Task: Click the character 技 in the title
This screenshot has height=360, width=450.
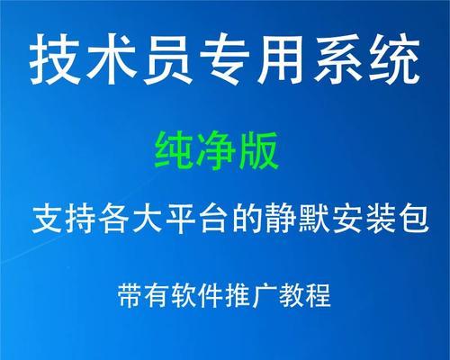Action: [x=55, y=59]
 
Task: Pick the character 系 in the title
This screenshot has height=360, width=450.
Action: [x=337, y=59]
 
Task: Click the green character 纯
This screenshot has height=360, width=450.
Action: [x=174, y=151]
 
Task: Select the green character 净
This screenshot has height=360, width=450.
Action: [x=216, y=151]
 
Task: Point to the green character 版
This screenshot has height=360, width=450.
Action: [x=258, y=151]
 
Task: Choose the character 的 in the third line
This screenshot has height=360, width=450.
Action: [x=247, y=219]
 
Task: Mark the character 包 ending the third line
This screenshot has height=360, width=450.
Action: [x=414, y=219]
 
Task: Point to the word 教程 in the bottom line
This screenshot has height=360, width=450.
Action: [x=305, y=295]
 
